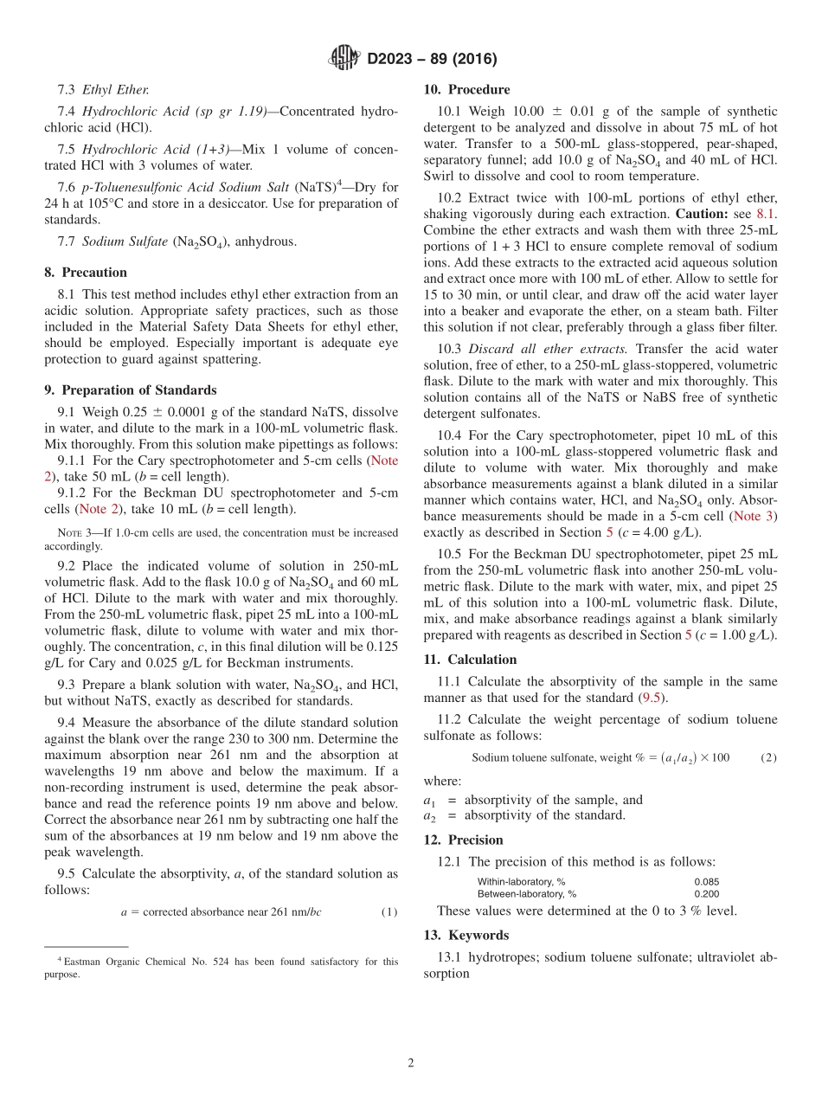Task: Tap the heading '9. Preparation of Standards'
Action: click(x=130, y=390)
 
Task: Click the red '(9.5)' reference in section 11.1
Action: click(x=652, y=698)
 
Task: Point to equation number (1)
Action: click(x=389, y=911)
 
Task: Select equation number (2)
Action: click(x=768, y=757)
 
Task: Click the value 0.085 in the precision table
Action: click(x=707, y=881)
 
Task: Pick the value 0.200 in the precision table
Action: click(x=707, y=893)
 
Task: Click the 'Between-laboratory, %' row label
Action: click(x=526, y=893)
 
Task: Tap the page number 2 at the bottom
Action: click(x=411, y=1063)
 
